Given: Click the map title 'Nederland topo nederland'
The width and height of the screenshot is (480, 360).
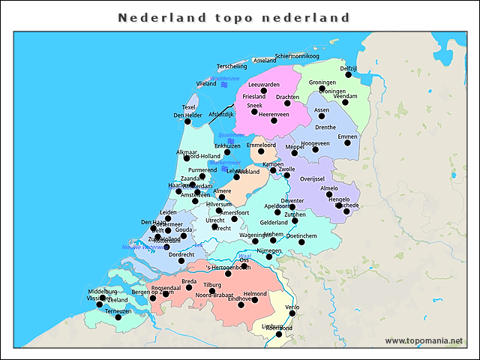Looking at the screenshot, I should click(234, 17).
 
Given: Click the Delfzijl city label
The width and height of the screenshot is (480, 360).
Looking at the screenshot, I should click(348, 68).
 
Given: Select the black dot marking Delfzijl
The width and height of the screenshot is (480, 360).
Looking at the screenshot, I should click(349, 75).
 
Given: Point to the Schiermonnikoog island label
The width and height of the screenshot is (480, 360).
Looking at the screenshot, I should click(297, 56).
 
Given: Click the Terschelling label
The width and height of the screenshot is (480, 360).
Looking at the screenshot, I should click(231, 66).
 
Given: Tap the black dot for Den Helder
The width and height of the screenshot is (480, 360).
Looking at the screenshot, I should click(187, 121).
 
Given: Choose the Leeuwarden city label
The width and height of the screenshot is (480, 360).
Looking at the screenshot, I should click(263, 85).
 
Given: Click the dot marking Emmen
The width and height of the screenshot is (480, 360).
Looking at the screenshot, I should click(347, 143).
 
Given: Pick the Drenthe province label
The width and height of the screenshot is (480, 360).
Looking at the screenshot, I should click(325, 127).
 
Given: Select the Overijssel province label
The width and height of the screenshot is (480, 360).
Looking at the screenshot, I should click(311, 179).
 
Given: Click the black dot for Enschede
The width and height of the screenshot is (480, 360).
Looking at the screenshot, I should click(346, 211).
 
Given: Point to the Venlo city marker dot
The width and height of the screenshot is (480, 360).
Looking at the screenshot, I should click(292, 313).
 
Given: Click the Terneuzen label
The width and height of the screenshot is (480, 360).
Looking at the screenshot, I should click(118, 310).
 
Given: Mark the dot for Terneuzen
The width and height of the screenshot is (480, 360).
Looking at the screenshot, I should click(118, 317).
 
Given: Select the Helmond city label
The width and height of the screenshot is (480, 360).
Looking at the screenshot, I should click(255, 294).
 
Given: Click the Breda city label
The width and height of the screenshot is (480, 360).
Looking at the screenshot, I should click(189, 281).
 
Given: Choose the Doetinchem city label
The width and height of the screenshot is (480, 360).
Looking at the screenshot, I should click(301, 235).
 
